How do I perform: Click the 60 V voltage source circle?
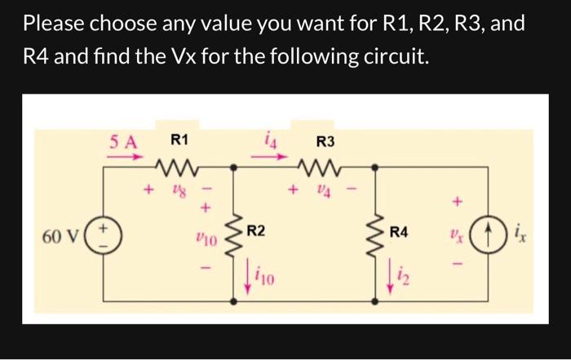coord(104,232)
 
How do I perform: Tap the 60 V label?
coord(62,237)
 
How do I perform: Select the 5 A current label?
coord(124,140)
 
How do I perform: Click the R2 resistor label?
coord(256,232)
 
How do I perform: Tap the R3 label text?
coord(325,140)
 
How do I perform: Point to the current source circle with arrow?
coord(487,233)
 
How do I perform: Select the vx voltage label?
coord(455,233)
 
